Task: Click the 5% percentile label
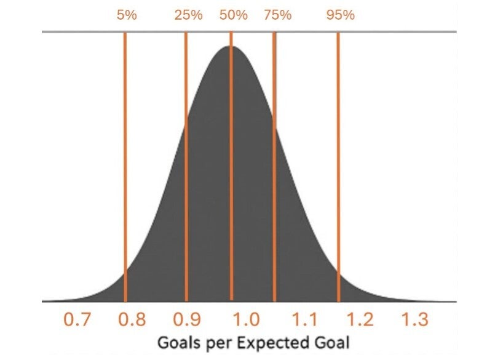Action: pyautogui.click(x=127, y=15)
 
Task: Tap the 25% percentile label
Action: pyautogui.click(x=188, y=15)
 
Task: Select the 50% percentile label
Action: pyautogui.click(x=234, y=15)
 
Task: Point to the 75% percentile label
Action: pyautogui.click(x=277, y=15)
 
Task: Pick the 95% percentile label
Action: pyautogui.click(x=341, y=15)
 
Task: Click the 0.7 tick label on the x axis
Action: pyautogui.click(x=78, y=319)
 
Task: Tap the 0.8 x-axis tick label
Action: pyautogui.click(x=133, y=319)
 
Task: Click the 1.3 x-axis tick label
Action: pyautogui.click(x=415, y=319)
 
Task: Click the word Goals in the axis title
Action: pyautogui.click(x=176, y=342)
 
